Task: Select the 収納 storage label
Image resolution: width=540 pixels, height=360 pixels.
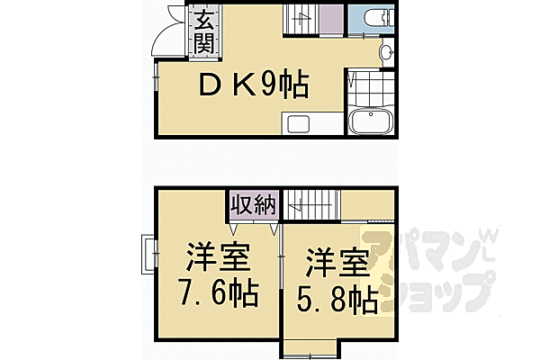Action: (252, 203)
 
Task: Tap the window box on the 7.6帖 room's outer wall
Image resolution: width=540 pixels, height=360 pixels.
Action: (148, 255)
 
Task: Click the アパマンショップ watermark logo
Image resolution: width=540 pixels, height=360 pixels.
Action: (432, 270)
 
